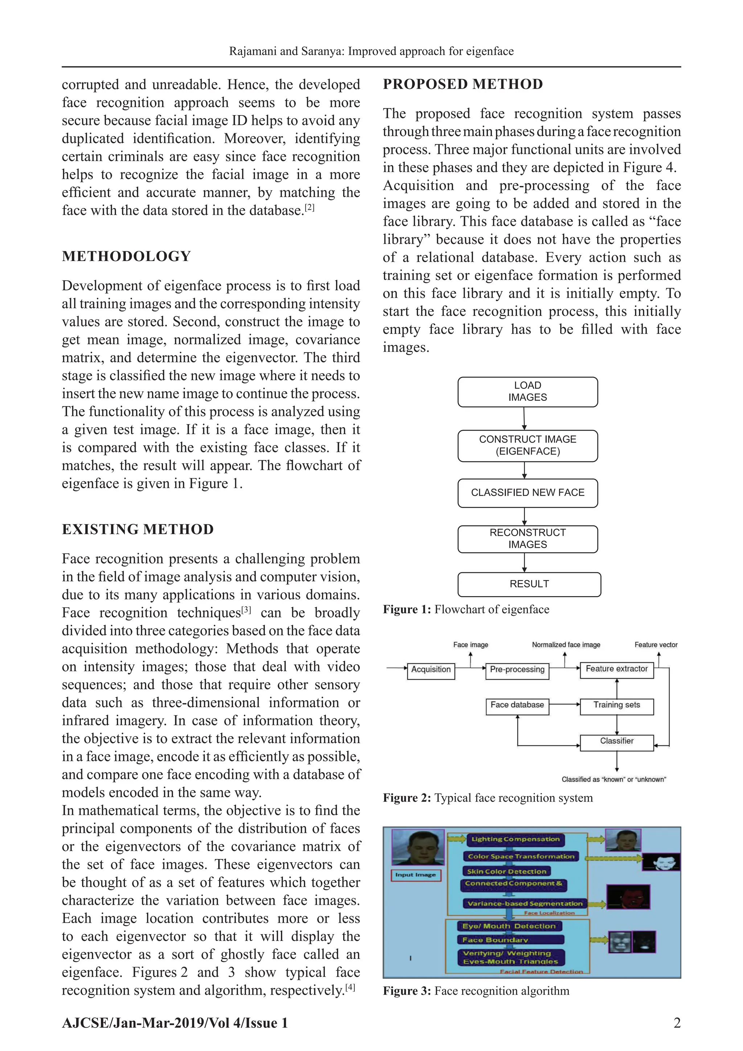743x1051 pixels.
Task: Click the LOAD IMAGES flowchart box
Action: coord(528,392)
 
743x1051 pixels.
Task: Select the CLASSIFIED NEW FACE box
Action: coord(528,493)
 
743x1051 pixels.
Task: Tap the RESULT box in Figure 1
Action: coord(529,584)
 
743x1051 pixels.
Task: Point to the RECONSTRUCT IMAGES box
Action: coord(528,539)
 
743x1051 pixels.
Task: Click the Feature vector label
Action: coord(656,644)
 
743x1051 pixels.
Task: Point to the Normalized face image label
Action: coord(566,644)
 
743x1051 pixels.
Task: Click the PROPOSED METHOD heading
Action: coord(463,84)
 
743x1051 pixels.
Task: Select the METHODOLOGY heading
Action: coord(126,256)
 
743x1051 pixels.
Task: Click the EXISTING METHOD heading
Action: coord(138,529)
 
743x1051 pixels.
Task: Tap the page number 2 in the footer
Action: coord(677,1023)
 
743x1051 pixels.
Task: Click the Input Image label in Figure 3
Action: coord(415,875)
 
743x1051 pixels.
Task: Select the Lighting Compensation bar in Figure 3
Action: coord(515,839)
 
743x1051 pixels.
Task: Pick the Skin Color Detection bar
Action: coord(506,872)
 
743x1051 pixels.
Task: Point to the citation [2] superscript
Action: coord(310,207)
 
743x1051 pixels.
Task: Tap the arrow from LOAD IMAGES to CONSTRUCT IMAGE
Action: coord(524,418)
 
